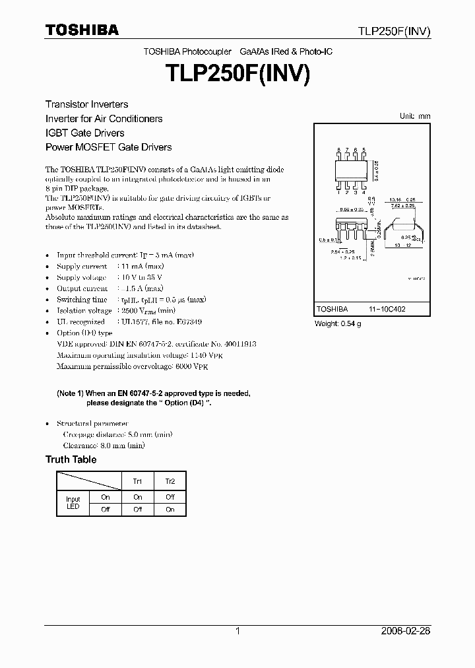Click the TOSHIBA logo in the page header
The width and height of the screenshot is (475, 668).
(82, 30)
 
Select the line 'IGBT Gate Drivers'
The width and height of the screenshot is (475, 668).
(84, 133)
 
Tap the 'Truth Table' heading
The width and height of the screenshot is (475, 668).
(71, 459)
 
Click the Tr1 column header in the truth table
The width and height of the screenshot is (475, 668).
(137, 481)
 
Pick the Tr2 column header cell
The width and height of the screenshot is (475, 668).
(170, 481)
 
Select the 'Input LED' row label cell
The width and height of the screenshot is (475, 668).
(73, 502)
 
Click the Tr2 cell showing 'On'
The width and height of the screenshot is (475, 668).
(170, 509)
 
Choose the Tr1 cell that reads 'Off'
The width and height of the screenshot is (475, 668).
(137, 509)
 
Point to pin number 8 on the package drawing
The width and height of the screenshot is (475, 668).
(338, 150)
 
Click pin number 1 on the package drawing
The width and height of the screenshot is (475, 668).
(338, 192)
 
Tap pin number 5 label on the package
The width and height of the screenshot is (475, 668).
(364, 150)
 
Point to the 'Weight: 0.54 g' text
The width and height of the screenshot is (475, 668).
(337, 323)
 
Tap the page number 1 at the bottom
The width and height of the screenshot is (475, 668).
(237, 631)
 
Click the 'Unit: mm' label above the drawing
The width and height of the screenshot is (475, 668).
(415, 116)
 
